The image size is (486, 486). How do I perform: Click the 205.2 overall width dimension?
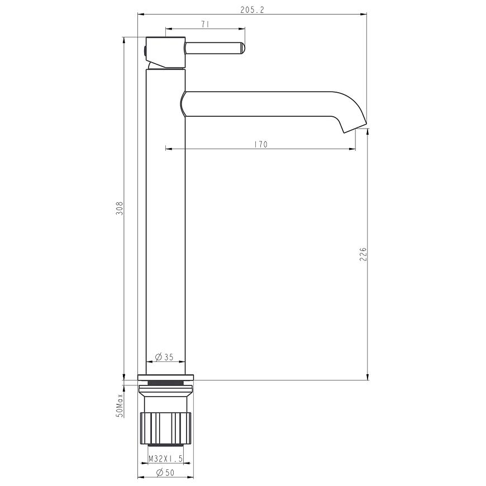[x=252, y=10]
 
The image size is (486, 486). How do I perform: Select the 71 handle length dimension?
[x=205, y=25]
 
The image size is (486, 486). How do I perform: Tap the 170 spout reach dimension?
[x=260, y=145]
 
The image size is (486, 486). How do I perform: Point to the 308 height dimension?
[x=120, y=208]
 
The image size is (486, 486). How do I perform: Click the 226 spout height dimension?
[x=363, y=254]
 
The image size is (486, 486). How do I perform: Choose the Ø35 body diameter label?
[x=164, y=357]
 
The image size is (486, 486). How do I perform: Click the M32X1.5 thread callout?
[x=165, y=459]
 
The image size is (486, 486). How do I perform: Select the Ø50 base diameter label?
[x=165, y=473]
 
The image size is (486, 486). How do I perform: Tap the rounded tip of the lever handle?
[x=242, y=49]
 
